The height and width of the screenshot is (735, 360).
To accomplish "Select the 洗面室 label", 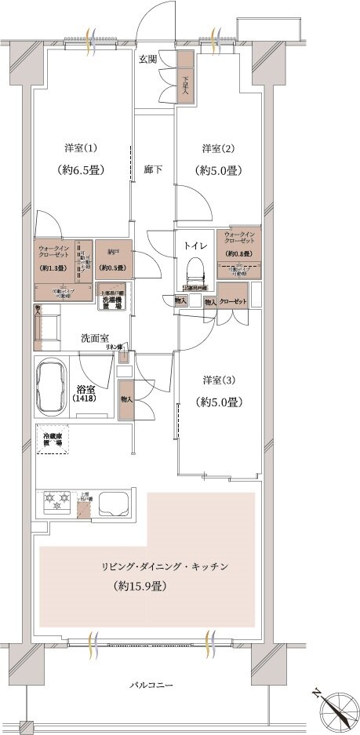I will tap(94, 338).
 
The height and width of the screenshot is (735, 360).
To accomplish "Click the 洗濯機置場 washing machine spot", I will tap(114, 300).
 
